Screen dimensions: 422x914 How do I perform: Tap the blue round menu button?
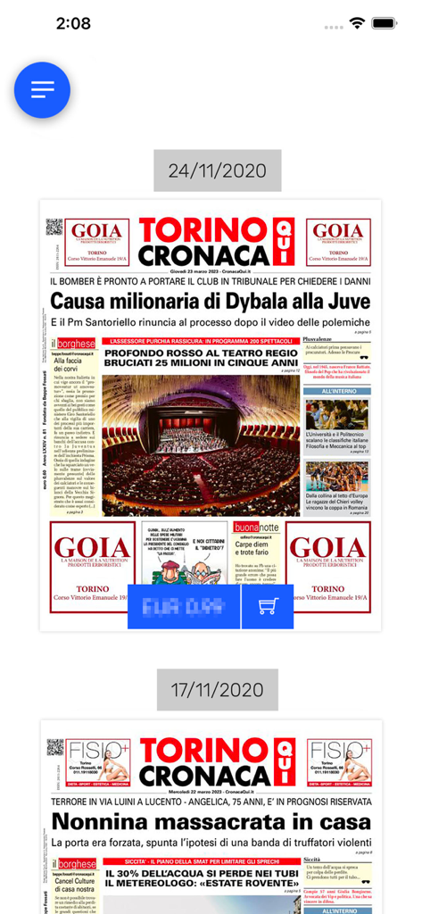point(42,90)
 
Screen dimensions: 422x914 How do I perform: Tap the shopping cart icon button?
point(268,606)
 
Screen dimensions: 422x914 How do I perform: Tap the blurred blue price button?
point(184,606)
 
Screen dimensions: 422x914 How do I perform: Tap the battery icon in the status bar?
point(385,23)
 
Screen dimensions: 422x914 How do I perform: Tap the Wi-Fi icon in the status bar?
point(358,23)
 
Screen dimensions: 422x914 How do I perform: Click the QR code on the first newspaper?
point(55,227)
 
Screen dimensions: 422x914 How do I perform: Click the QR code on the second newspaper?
point(55,747)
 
